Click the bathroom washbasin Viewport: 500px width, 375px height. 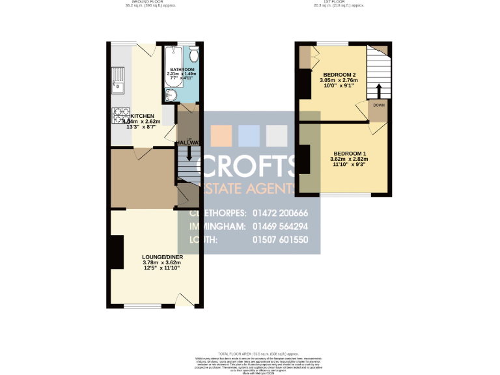pyautogui.click(x=170, y=96)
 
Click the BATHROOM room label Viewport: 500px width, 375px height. pyautogui.click(x=182, y=69)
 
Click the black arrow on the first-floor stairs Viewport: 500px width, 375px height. pyautogui.click(x=378, y=87)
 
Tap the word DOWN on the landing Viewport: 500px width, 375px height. pyautogui.click(x=378, y=104)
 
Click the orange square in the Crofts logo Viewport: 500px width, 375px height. pyautogui.click(x=222, y=135)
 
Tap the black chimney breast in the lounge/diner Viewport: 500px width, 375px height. pyautogui.click(x=116, y=252)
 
